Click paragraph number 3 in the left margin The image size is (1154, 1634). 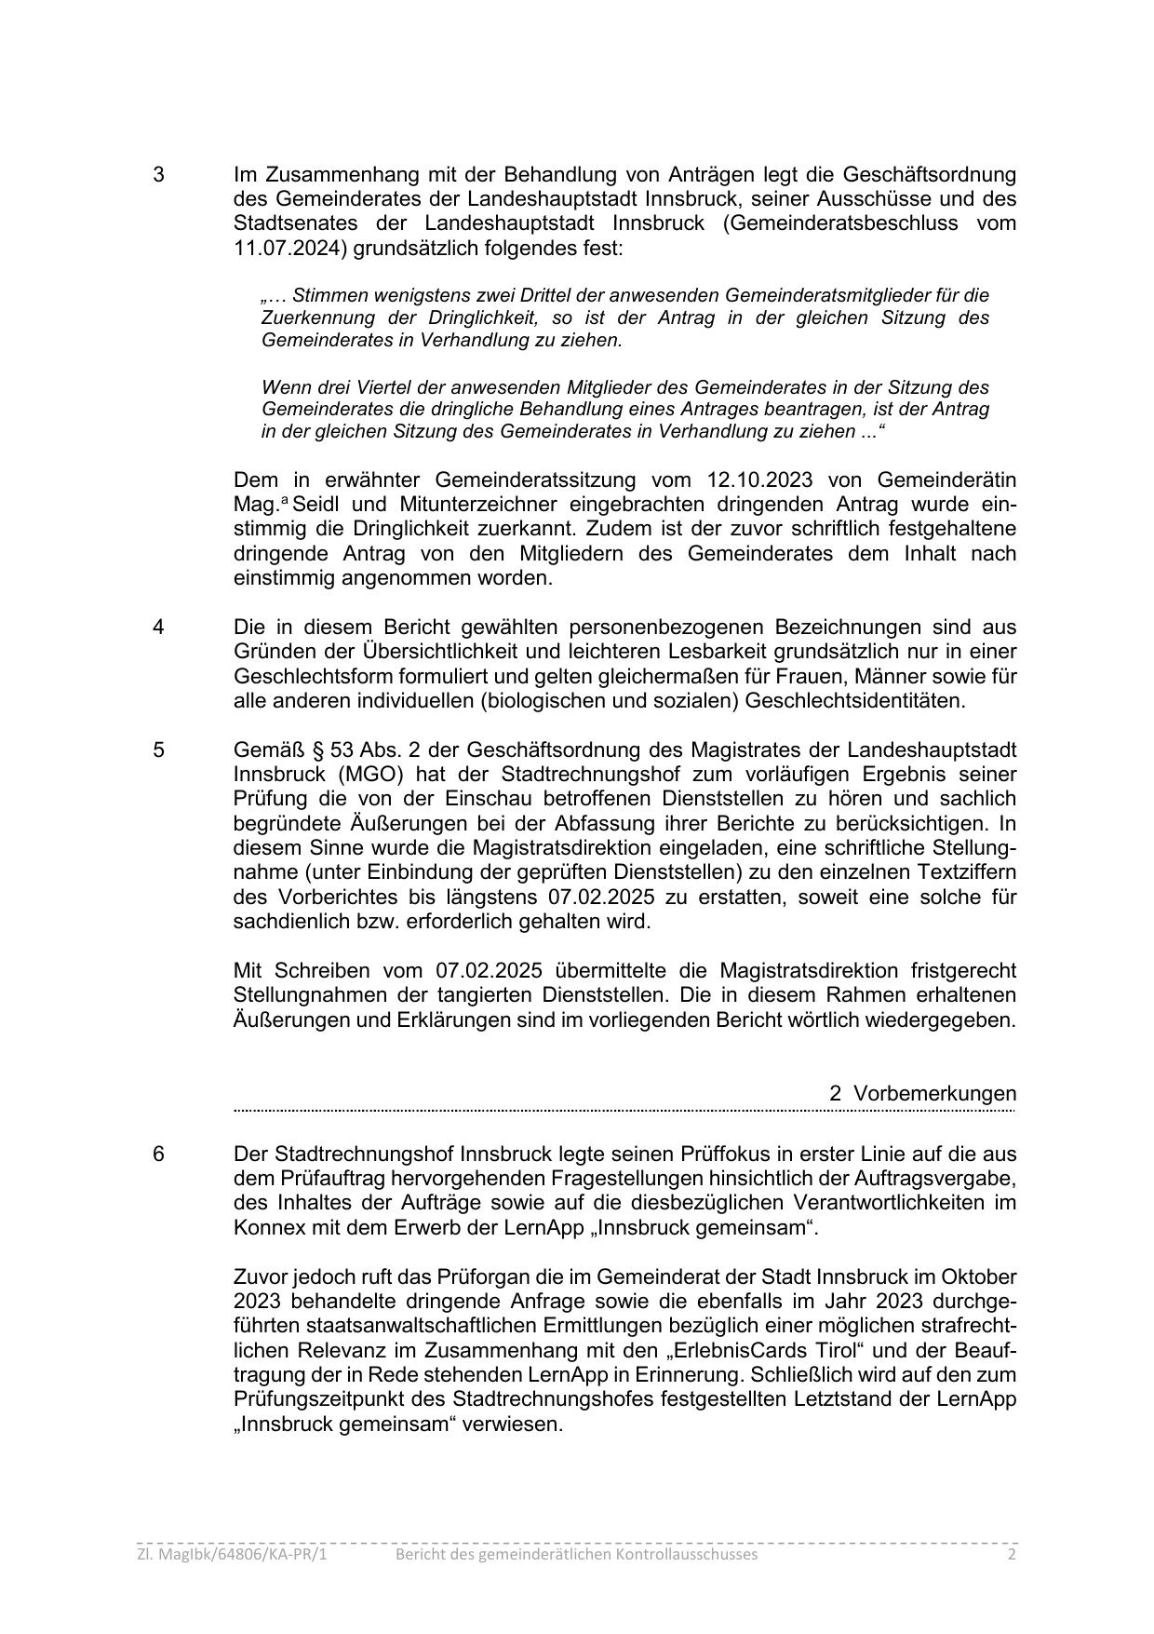159,175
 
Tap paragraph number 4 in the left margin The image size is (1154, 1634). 159,627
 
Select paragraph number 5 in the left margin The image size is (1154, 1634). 159,750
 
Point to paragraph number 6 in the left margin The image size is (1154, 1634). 159,1154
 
